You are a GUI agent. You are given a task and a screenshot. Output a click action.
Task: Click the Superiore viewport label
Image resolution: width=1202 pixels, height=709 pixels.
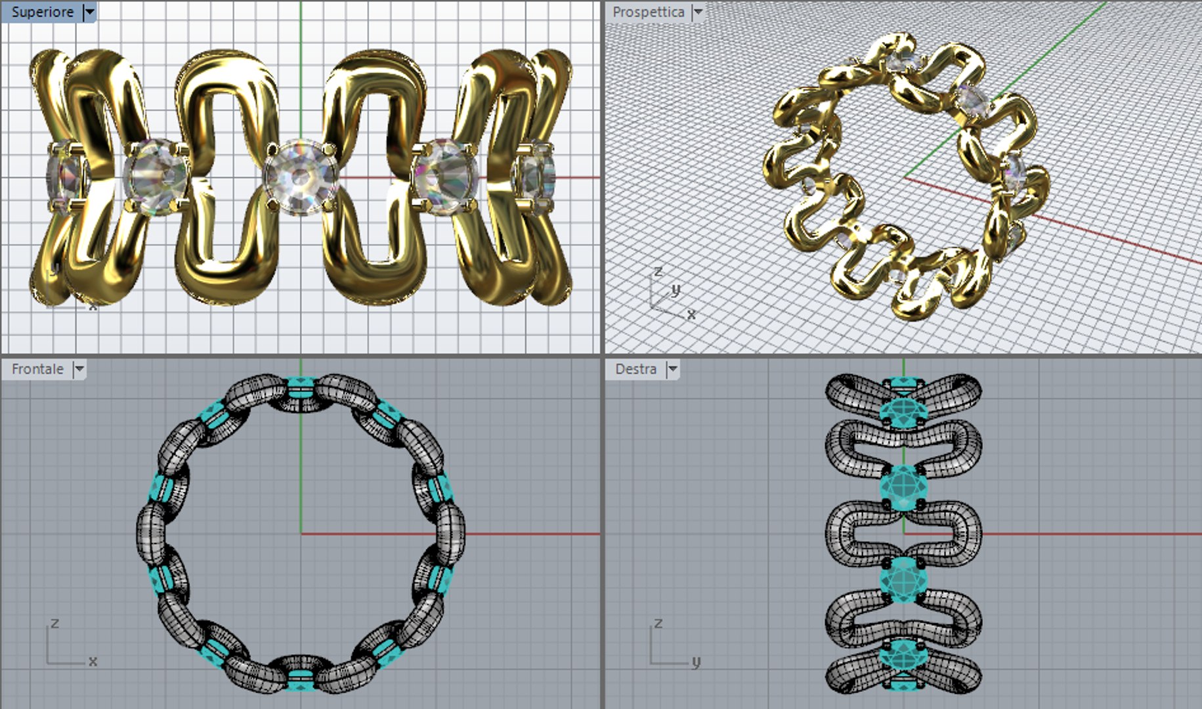[42, 12]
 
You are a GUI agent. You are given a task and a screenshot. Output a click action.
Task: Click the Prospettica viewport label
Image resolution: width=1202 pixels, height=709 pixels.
[648, 12]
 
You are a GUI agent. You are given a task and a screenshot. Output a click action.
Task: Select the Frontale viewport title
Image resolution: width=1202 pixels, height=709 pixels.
[37, 369]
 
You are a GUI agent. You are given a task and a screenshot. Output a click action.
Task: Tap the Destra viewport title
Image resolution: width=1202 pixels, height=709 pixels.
[635, 369]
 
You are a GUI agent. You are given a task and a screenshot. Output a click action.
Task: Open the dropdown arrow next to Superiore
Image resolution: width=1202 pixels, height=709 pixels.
[90, 12]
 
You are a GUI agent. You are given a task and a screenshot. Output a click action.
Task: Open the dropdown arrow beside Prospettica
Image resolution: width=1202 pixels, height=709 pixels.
[698, 12]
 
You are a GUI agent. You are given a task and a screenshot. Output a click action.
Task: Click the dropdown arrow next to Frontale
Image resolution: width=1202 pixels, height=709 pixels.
[79, 369]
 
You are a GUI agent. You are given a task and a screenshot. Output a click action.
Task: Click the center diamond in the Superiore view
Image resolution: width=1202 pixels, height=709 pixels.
[301, 177]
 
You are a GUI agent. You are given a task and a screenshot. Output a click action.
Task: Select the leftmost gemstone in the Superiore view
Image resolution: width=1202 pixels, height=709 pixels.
[66, 176]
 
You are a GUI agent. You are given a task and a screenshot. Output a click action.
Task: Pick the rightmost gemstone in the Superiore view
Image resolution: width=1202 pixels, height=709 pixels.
[534, 176]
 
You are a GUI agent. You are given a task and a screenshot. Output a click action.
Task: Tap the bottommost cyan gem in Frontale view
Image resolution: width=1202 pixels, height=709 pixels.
[300, 680]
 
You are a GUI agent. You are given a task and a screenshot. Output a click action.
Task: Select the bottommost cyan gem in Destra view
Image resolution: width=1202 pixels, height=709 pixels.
[903, 663]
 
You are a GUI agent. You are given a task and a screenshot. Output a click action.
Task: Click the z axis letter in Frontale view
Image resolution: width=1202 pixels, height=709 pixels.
[55, 623]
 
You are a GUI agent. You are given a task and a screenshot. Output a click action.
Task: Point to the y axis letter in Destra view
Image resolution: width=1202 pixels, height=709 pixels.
[696, 661]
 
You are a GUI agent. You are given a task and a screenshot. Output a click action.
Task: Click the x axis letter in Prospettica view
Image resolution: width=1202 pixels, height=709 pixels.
[691, 314]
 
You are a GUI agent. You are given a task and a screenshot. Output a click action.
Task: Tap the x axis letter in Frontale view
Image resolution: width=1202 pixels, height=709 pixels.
[93, 661]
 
